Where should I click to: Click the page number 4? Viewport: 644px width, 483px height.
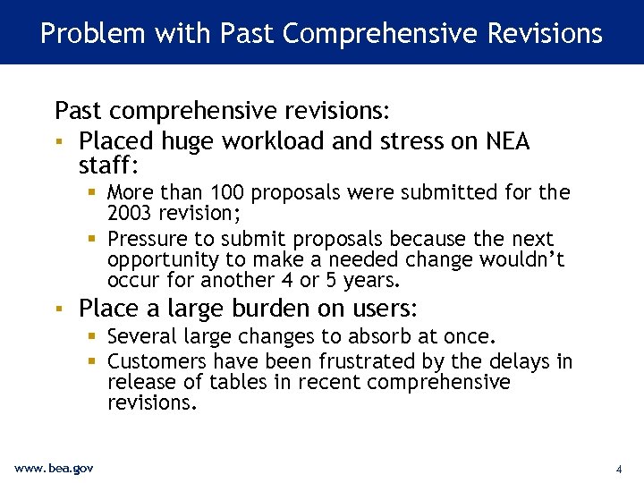click(x=618, y=469)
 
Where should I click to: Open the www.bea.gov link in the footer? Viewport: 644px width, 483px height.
click(x=54, y=468)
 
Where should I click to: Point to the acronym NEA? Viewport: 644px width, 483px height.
click(x=507, y=141)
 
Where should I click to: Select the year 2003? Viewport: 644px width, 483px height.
click(x=131, y=212)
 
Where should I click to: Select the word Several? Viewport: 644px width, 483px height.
click(x=143, y=336)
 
